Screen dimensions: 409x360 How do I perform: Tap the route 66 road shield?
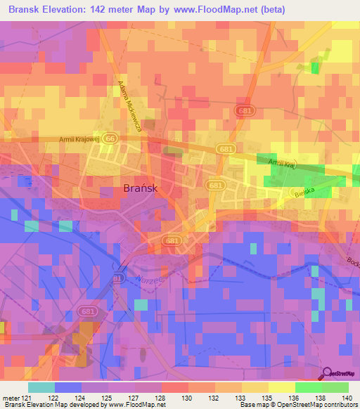click(109, 138)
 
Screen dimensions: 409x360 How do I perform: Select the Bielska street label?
click(303, 191)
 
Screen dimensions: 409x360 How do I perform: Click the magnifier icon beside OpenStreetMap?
click(326, 372)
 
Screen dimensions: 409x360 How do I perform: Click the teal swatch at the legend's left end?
click(41, 387)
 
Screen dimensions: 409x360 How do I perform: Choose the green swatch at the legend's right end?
click(335, 387)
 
